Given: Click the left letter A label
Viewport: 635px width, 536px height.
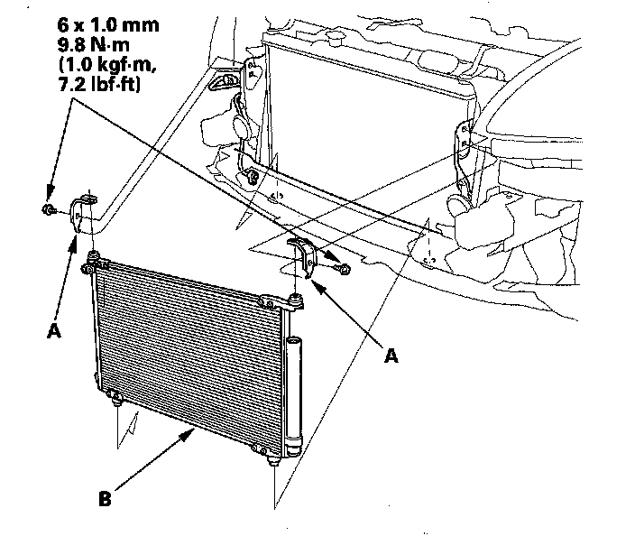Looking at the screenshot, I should coord(53,332).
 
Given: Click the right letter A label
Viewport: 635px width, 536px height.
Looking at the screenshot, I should coord(391,356).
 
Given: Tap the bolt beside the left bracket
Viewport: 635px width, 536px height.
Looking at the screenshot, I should coord(46,210).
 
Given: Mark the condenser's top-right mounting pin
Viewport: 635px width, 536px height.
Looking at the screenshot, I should coord(297,297).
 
